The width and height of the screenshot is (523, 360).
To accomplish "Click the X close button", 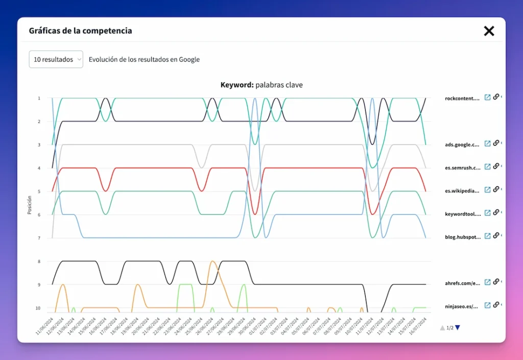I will pyautogui.click(x=489, y=31).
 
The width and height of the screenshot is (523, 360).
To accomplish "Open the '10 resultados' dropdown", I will pyautogui.click(x=56, y=59).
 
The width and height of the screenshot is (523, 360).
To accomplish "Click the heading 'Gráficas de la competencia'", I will pyautogui.click(x=80, y=31).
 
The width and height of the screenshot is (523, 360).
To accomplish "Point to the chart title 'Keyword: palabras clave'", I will pyautogui.click(x=261, y=85).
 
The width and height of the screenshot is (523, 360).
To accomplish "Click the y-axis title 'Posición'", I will pyautogui.click(x=30, y=205).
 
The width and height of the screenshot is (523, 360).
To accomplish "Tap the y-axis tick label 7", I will pyautogui.click(x=39, y=238).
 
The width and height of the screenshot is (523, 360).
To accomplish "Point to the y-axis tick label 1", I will pyautogui.click(x=39, y=98).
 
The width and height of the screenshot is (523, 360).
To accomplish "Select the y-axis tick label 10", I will pyautogui.click(x=38, y=308).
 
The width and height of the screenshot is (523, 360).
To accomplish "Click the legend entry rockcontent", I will pyautogui.click(x=462, y=98).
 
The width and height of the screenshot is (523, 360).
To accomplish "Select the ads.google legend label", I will pyautogui.click(x=462, y=145).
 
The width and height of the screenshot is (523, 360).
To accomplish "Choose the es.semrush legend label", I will pyautogui.click(x=462, y=167).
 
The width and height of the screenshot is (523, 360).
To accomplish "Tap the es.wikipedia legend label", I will pyautogui.click(x=462, y=191).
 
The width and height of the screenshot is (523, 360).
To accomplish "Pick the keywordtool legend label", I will pyautogui.click(x=462, y=214).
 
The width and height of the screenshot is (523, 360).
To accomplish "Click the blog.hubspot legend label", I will pyautogui.click(x=462, y=236).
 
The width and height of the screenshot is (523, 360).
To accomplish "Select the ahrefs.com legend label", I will pyautogui.click(x=462, y=283).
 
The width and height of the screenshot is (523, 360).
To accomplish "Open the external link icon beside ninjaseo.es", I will pyautogui.click(x=488, y=305).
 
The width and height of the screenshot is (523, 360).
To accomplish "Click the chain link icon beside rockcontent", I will pyautogui.click(x=496, y=97).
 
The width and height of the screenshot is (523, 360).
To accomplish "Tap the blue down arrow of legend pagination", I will pyautogui.click(x=458, y=328).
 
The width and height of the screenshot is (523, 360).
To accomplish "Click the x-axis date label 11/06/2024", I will pyautogui.click(x=45, y=325).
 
